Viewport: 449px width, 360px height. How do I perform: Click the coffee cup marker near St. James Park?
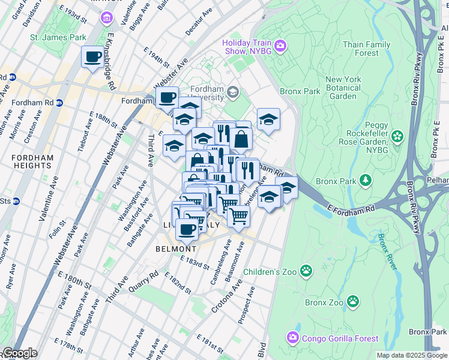click(x=92, y=58)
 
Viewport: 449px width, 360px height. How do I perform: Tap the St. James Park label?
click(x=58, y=37)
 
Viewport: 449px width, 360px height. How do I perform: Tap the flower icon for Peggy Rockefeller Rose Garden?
click(x=397, y=137)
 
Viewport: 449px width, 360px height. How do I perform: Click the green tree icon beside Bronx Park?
click(x=364, y=180)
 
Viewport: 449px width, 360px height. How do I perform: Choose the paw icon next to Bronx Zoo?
click(x=355, y=301)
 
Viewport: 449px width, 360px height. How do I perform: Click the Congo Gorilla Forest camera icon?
click(x=292, y=338)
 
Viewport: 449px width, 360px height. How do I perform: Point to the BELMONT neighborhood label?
click(x=176, y=248)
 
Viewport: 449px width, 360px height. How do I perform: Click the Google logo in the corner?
click(x=19, y=353)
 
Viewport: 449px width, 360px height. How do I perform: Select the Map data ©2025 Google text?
click(x=412, y=355)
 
